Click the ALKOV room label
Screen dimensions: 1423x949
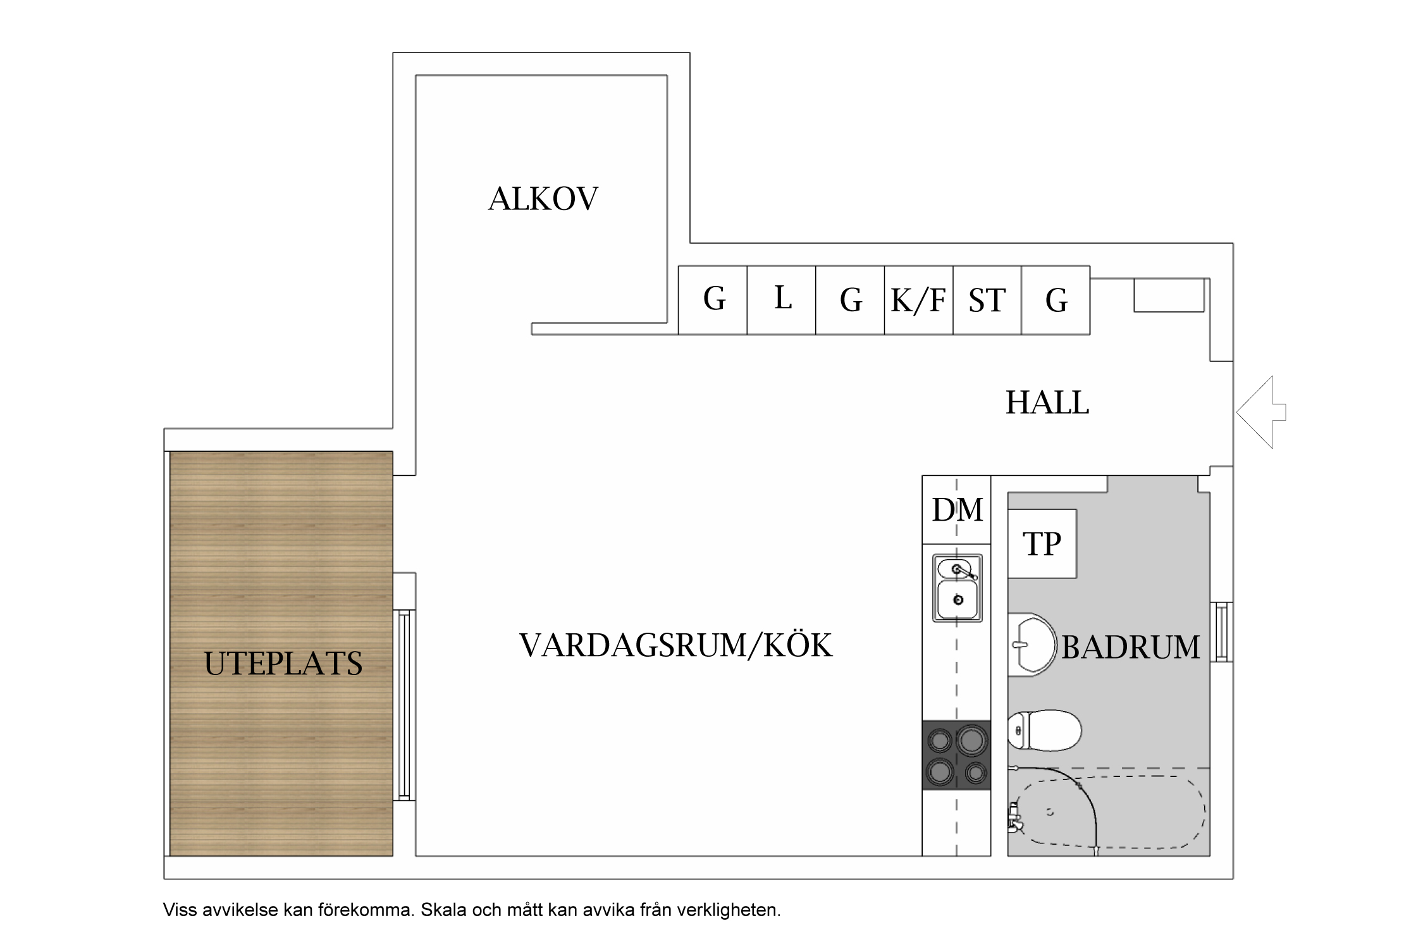coord(543,199)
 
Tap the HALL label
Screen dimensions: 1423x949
coord(1047,402)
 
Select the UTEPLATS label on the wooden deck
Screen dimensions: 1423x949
coord(283,664)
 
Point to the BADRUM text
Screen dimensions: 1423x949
coord(1130,647)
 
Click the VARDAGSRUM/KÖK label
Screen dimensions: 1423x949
coord(676,645)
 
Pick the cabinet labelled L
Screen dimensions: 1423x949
coord(782,300)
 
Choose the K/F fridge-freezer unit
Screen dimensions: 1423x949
coord(918,300)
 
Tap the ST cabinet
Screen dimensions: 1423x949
coord(987,300)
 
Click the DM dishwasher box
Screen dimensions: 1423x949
coord(956,509)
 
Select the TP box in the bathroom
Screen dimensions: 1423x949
coord(1042,543)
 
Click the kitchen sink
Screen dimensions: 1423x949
coord(957,588)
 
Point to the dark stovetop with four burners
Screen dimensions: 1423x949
coord(956,755)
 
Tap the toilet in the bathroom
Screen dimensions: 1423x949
coord(1044,730)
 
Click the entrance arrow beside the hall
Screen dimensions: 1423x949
coord(1261,412)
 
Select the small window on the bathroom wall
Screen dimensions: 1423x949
coord(1222,632)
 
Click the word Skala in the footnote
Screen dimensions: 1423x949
coord(444,910)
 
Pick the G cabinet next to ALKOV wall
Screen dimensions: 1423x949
coord(713,300)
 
